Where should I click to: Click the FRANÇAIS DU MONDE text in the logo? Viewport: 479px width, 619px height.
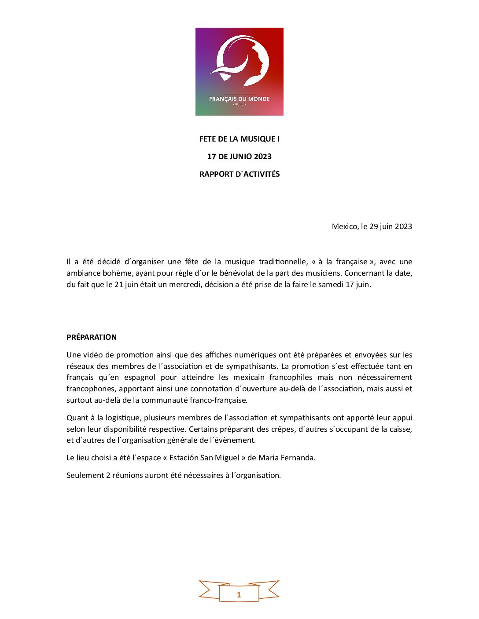click(x=239, y=99)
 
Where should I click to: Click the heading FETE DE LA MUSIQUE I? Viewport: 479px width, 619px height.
click(x=239, y=139)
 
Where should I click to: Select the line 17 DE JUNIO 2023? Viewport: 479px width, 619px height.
click(x=239, y=157)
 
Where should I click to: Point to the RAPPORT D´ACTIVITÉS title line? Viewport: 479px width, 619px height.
click(x=239, y=174)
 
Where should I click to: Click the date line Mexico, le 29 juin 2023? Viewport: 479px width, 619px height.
click(x=372, y=226)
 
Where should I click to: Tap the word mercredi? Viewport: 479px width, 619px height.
click(x=185, y=284)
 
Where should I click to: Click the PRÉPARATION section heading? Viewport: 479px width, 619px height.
click(x=92, y=337)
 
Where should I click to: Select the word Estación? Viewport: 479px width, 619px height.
click(x=184, y=458)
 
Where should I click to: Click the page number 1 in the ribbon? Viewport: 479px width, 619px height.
click(x=239, y=595)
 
